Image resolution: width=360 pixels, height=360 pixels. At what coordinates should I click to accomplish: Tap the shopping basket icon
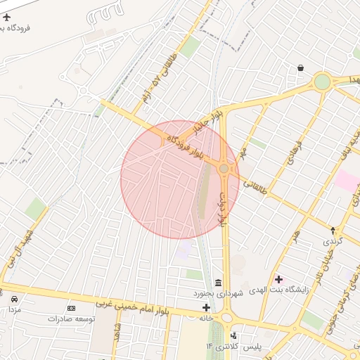pyautogui.click(x=301, y=68)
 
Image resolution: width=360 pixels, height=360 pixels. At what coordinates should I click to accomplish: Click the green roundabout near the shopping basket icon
pyautogui.click(x=322, y=82)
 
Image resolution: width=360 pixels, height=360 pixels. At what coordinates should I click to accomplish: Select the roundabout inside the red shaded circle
pyautogui.click(x=224, y=169)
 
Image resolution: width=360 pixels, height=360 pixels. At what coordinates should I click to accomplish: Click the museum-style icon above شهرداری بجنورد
pyautogui.click(x=218, y=281)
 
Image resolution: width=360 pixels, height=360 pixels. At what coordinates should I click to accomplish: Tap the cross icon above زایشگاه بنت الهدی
pyautogui.click(x=278, y=280)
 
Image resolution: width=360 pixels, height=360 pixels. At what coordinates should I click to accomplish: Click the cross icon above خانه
pyautogui.click(x=206, y=307)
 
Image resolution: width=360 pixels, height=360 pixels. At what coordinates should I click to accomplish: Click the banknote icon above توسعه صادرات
pyautogui.click(x=71, y=308)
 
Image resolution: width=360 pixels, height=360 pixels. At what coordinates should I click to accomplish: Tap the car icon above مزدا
pyautogui.click(x=13, y=299)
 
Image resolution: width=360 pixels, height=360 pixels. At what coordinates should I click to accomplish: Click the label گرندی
pyautogui.click(x=331, y=240)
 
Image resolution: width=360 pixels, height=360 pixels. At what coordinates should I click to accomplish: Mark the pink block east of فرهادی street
pyautogui.click(x=346, y=180)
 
